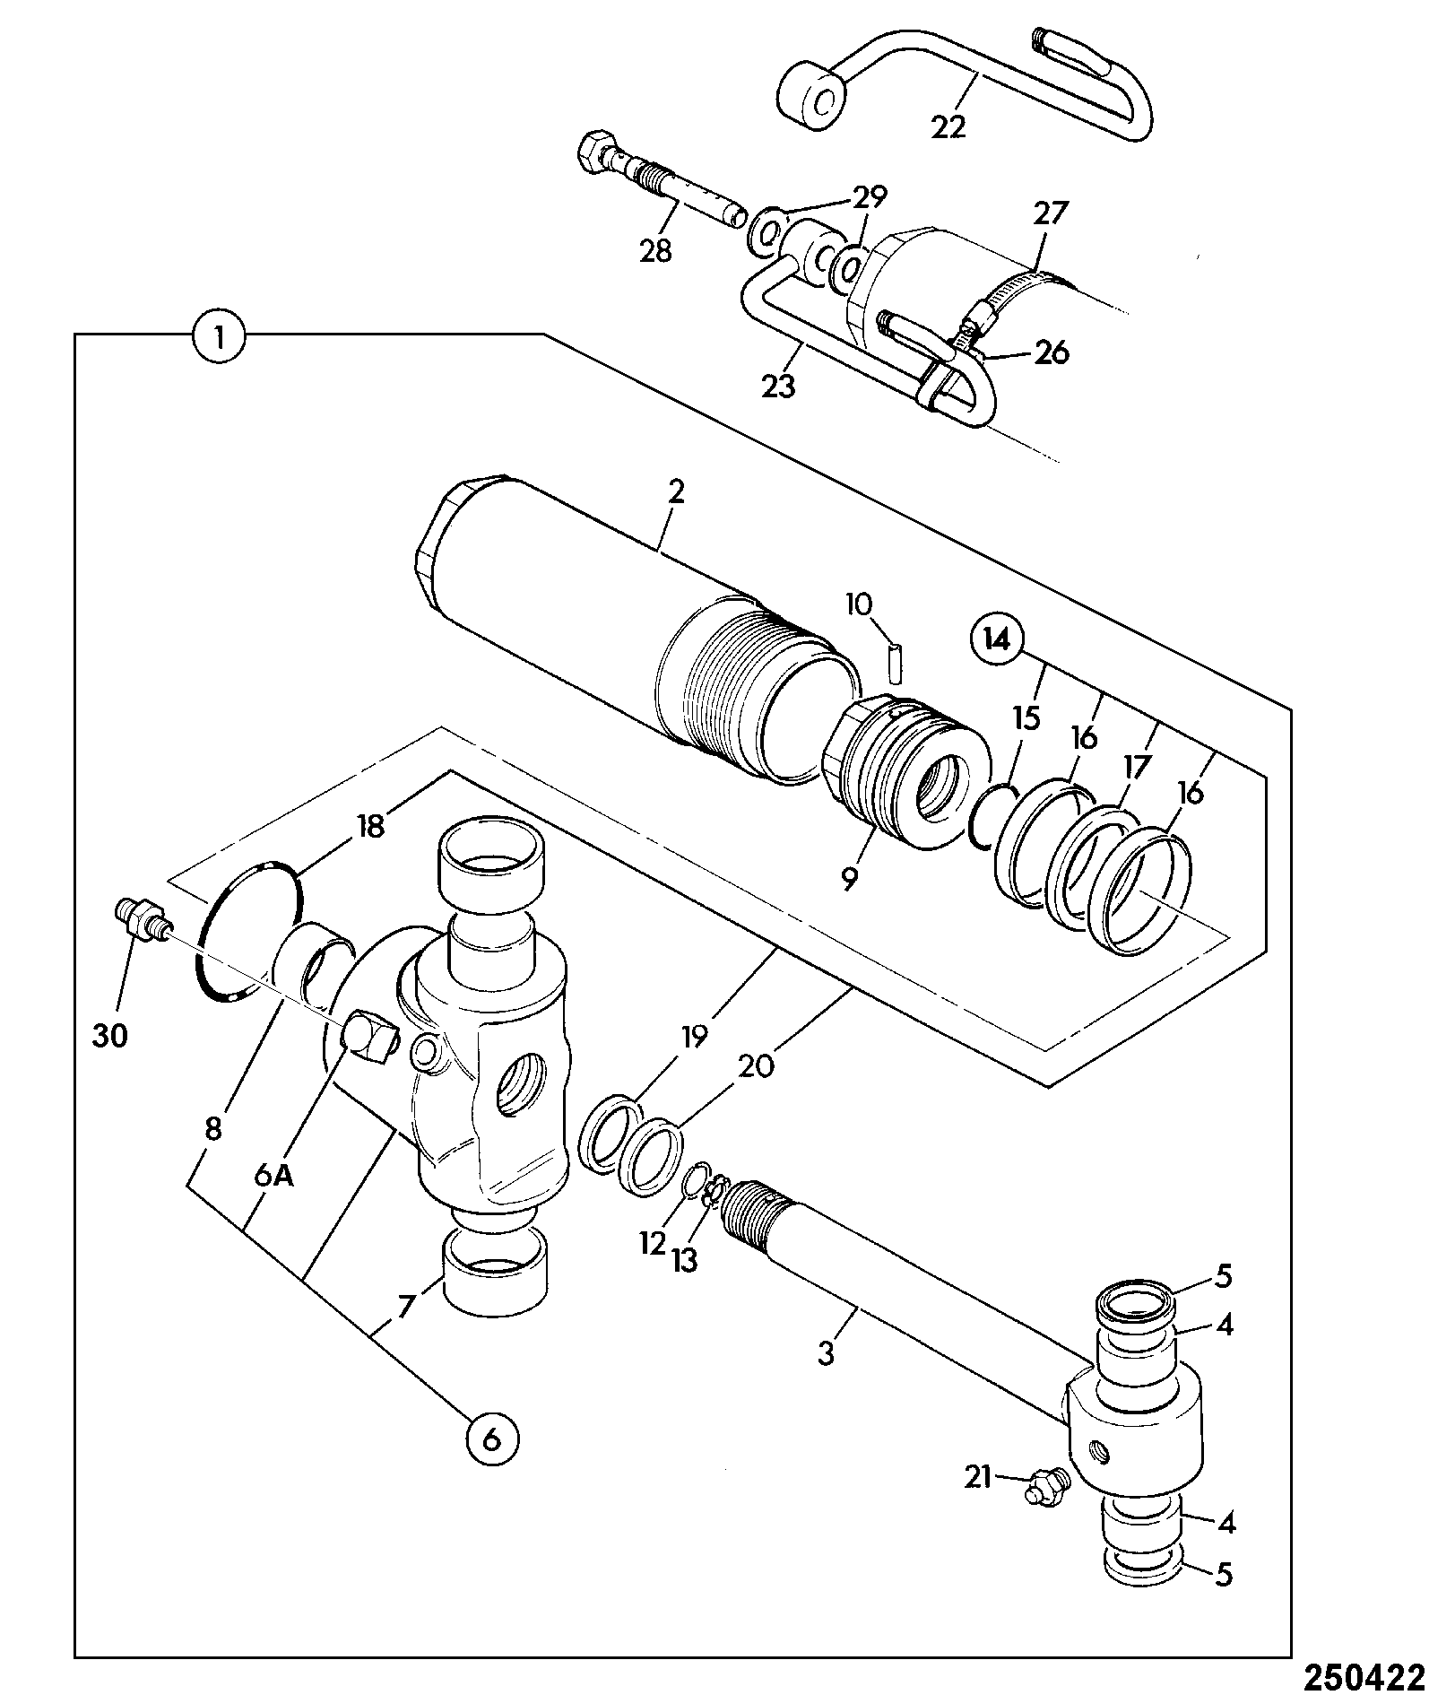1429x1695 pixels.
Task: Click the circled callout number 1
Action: tap(218, 336)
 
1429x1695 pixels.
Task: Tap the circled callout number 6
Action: tap(492, 1441)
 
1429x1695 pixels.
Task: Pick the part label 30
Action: tap(109, 1036)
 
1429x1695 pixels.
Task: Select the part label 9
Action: tap(849, 877)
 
